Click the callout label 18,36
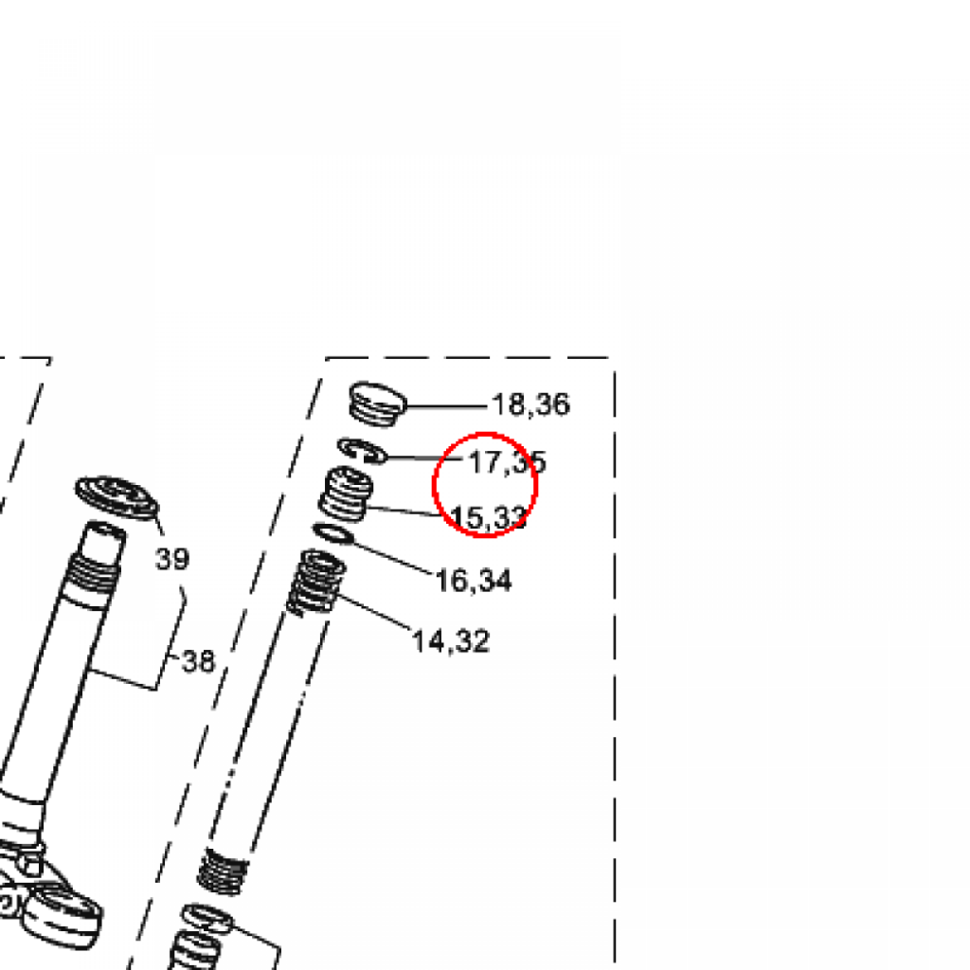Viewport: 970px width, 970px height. [x=530, y=404]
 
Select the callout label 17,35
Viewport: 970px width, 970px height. [x=508, y=462]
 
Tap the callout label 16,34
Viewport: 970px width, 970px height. [x=474, y=581]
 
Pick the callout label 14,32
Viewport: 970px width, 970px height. [x=450, y=641]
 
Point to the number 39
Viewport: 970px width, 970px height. [x=172, y=559]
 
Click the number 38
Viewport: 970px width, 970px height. [x=199, y=661]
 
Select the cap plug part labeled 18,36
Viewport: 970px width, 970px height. [x=377, y=404]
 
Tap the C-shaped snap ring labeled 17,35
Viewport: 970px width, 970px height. [x=363, y=450]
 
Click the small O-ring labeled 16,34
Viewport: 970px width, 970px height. [x=334, y=533]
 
